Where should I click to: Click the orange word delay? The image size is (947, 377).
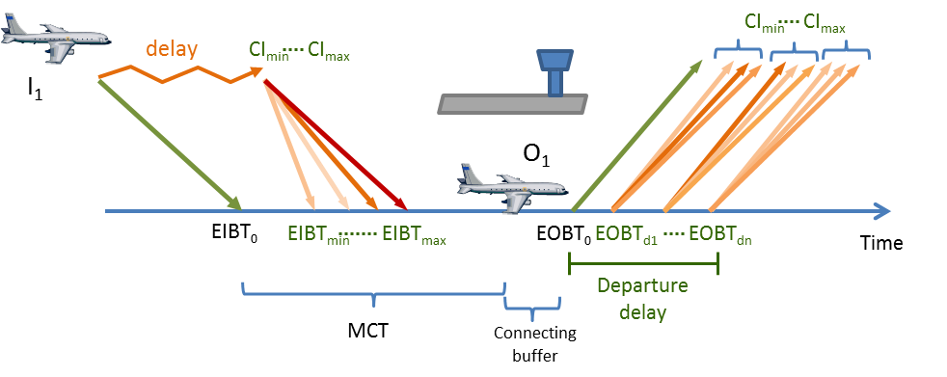[x=171, y=49]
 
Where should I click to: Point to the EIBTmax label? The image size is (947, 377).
[x=415, y=234]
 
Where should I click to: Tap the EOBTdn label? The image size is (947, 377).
[x=720, y=234]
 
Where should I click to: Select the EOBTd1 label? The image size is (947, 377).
[x=626, y=234]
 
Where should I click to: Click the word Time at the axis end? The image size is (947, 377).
[x=881, y=243]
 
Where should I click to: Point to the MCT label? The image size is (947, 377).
[x=368, y=331]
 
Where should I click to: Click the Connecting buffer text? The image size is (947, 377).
[x=534, y=344]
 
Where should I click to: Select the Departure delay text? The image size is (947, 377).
[x=642, y=299]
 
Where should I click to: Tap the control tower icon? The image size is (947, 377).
[x=512, y=83]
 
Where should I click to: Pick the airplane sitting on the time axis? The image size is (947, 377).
[x=512, y=188]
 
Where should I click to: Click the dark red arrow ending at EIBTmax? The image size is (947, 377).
[x=336, y=146]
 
